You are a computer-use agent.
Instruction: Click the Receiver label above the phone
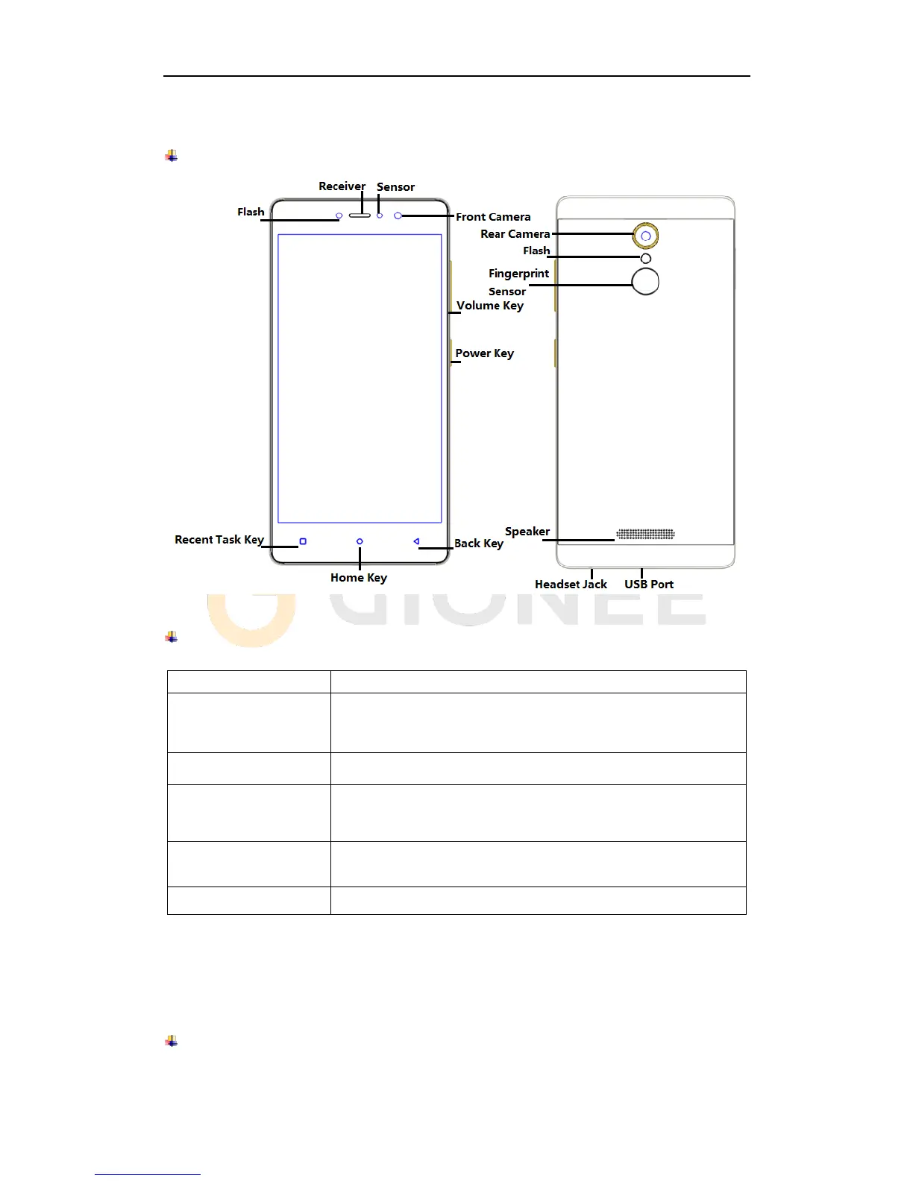coord(342,186)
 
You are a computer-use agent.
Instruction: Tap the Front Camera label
coord(493,217)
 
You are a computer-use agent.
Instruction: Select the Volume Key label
coord(490,306)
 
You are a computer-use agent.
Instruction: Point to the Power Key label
coord(484,353)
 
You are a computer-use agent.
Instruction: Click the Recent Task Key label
coord(219,540)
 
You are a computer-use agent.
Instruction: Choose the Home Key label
coord(359,578)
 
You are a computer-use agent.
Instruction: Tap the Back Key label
coord(479,544)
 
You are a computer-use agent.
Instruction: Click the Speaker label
coord(527,532)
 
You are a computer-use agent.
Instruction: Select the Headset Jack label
coord(571,585)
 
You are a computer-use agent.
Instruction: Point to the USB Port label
coord(649,585)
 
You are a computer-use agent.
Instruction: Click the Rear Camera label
coord(515,234)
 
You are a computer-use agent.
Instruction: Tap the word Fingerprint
coord(519,274)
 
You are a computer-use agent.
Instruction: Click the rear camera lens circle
coord(646,236)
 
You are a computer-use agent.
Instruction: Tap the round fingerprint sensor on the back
coord(645,281)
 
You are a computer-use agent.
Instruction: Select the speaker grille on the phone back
coord(645,534)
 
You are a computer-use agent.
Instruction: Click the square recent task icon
coord(303,542)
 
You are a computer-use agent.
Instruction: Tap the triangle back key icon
coord(416,542)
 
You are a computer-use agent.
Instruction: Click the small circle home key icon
coord(360,542)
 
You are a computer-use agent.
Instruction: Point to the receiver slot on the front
coord(360,215)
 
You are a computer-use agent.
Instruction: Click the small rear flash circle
coord(646,258)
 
